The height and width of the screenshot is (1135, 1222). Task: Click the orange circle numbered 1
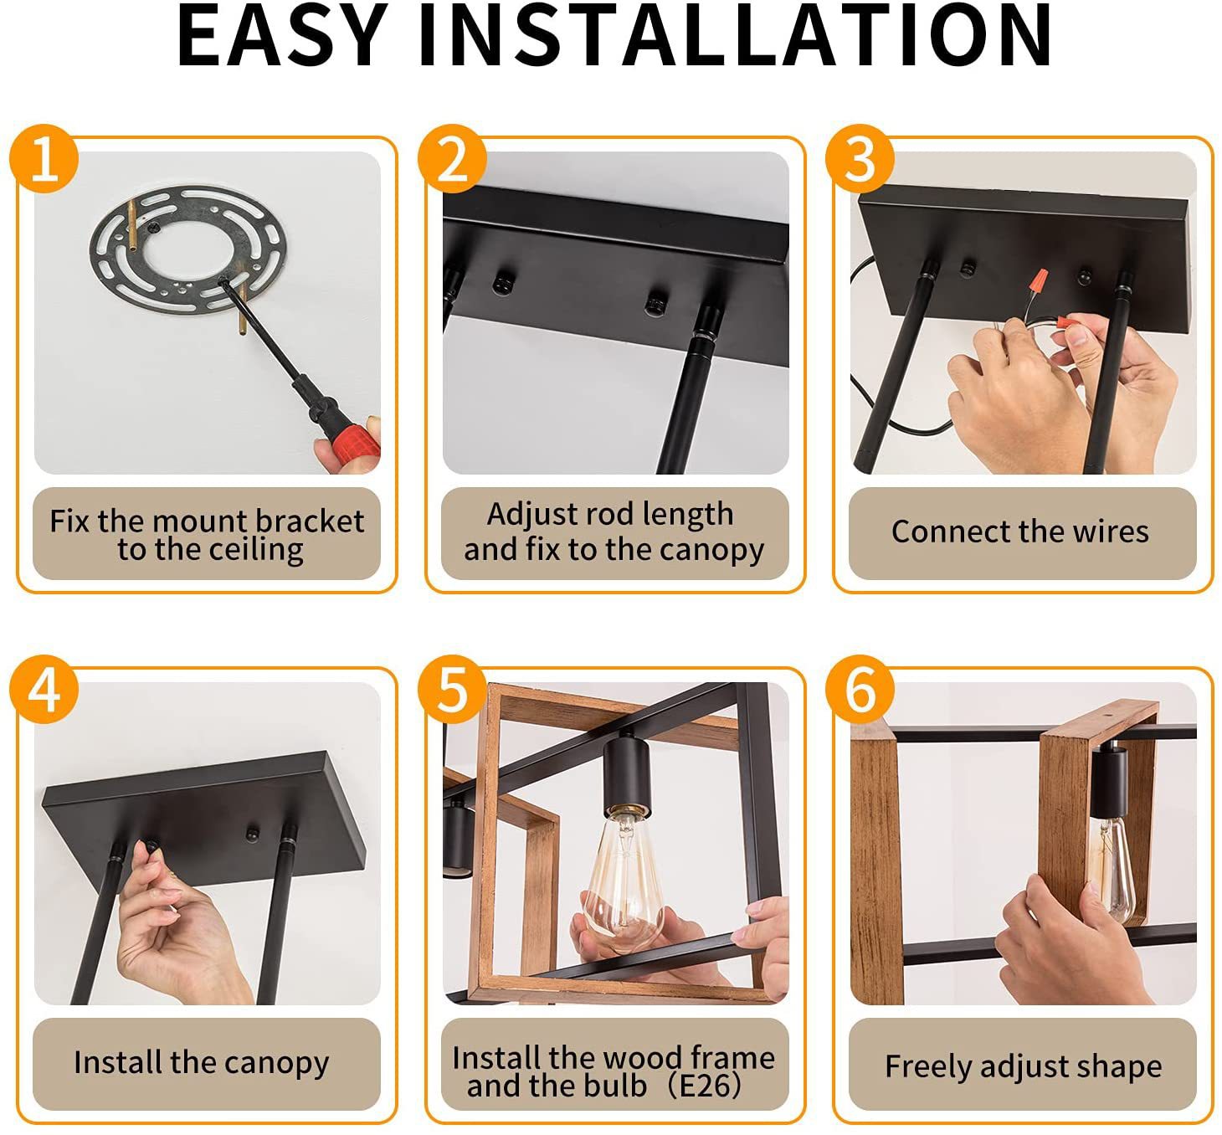(x=44, y=159)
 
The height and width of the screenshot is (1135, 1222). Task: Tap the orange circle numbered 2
(x=452, y=159)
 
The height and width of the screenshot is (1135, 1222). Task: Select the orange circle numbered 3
(x=860, y=159)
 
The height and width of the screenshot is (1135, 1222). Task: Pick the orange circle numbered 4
(x=44, y=690)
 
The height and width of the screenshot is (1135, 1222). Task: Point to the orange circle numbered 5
(x=452, y=690)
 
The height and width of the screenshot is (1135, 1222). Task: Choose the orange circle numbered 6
(x=860, y=690)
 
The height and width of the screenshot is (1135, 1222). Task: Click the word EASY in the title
(x=282, y=35)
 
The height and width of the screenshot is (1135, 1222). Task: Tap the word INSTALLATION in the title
(x=735, y=35)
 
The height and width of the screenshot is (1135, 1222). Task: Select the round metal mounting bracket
(x=188, y=250)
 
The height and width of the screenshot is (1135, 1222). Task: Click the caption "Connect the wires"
(x=1019, y=532)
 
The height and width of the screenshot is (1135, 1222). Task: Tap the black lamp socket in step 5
(x=627, y=776)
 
